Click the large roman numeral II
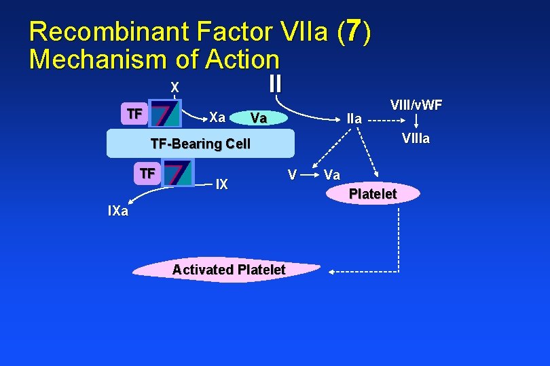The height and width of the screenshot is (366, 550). click(274, 84)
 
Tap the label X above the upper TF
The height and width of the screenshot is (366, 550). click(175, 88)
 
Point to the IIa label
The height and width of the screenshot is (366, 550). click(354, 119)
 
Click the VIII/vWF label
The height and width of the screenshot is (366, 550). click(416, 105)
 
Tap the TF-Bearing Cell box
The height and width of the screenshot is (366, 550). click(201, 144)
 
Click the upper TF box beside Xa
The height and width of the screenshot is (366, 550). click(134, 114)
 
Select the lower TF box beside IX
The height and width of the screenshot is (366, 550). click(147, 174)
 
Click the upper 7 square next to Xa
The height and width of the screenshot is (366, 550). click(165, 114)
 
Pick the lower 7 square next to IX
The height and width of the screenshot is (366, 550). click(178, 173)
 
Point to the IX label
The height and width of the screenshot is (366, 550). click(221, 184)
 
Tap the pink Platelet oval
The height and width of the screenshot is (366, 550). click(372, 195)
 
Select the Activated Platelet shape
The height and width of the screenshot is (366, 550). click(228, 270)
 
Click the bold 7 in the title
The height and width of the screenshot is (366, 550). click(352, 31)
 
